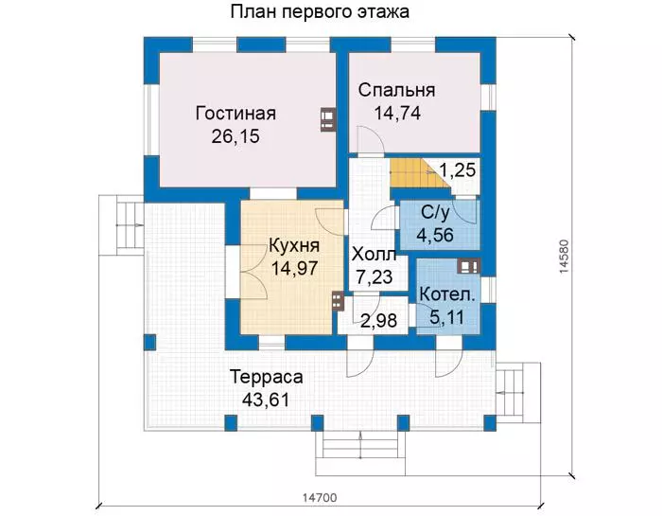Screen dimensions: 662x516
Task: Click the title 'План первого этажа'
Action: click(320, 11)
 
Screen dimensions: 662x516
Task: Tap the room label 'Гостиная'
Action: click(235, 114)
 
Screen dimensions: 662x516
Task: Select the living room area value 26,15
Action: click(235, 136)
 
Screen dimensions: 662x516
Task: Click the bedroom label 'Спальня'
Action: click(396, 90)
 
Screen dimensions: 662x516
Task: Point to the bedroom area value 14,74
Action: click(397, 114)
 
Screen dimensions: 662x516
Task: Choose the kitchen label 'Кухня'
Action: click(294, 245)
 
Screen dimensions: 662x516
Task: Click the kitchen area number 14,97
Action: click(294, 268)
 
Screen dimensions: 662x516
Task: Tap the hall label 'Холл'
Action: click(375, 255)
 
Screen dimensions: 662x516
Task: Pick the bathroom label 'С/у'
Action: click(435, 213)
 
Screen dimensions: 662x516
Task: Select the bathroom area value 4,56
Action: click(435, 235)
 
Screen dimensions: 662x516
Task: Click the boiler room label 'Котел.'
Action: click(447, 294)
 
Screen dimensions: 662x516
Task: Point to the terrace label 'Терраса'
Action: click(267, 377)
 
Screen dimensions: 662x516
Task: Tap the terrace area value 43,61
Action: click(266, 400)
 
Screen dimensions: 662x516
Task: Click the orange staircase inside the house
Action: click(414, 174)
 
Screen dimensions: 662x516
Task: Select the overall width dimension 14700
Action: click(320, 498)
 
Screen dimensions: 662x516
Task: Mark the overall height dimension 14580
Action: click(565, 257)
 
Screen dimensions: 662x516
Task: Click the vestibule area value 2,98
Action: click(378, 321)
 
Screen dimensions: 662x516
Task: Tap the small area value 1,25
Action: click(458, 169)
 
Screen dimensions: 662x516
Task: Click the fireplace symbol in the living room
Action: click(328, 120)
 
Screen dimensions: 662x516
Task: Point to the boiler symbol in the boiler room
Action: click(469, 266)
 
